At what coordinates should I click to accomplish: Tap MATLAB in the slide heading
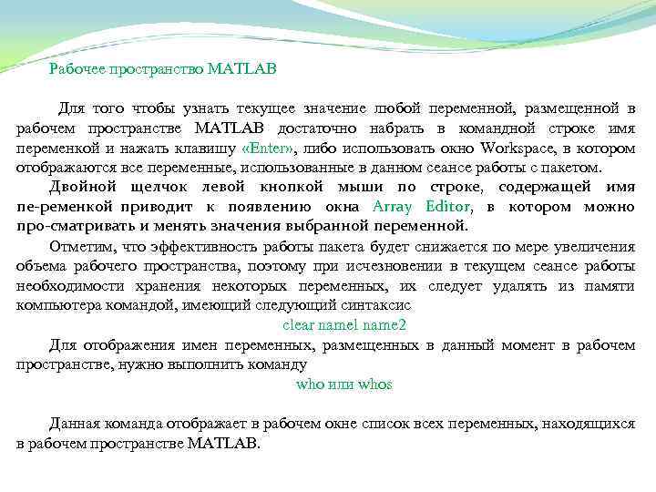pyautogui.click(x=241, y=68)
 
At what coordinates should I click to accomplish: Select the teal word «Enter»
pyautogui.click(x=271, y=148)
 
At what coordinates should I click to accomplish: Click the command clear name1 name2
pyautogui.click(x=344, y=324)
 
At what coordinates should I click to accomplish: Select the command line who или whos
pyautogui.click(x=344, y=384)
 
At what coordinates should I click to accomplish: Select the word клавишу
pyautogui.click(x=207, y=148)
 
